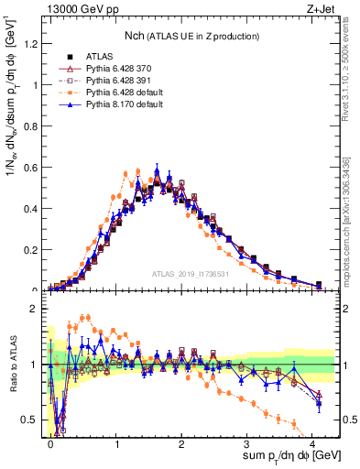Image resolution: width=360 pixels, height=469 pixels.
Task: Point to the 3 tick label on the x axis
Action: (x=247, y=442)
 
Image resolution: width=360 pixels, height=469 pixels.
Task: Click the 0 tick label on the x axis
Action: (x=50, y=442)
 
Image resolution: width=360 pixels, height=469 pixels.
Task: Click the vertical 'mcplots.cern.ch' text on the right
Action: (x=351, y=211)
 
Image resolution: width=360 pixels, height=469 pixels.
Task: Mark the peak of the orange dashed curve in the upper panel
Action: (x=137, y=171)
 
